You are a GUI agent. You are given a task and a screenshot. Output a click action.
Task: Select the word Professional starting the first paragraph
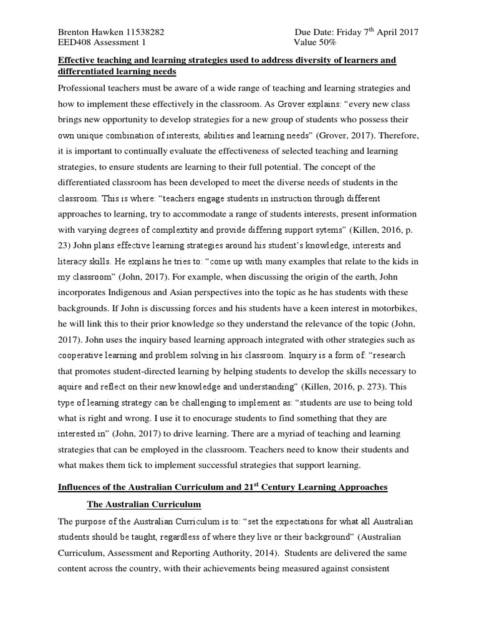click(87, 89)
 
